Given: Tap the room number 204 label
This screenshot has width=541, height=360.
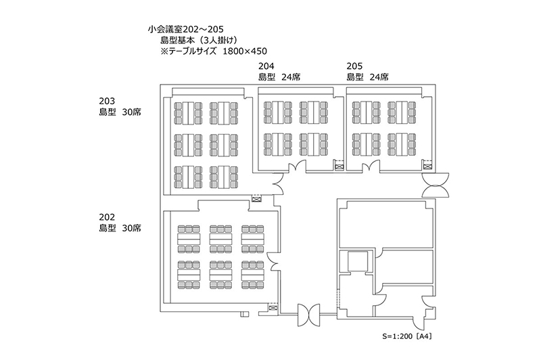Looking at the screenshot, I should point(266,66).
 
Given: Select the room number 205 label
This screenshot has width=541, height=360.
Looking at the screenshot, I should point(354,66).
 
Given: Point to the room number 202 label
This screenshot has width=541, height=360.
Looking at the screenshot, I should point(108,217).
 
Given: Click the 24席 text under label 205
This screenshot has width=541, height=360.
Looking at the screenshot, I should point(379,77).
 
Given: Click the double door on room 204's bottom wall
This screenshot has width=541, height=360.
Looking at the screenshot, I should point(298,168).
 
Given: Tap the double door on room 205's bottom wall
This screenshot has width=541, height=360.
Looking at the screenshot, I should point(369,168).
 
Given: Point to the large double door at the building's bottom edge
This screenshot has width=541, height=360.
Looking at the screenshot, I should point(312,313).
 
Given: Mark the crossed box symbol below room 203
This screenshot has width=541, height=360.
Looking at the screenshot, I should point(256,198).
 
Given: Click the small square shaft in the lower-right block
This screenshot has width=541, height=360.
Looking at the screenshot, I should point(355,261).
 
